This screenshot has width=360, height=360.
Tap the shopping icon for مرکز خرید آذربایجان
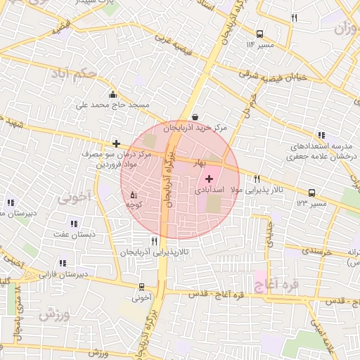[x=195, y=117]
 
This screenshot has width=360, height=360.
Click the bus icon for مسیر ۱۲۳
[x=311, y=193]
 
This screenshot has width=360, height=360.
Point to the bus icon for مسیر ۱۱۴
[x=260, y=33]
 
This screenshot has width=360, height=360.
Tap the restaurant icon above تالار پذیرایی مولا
[x=257, y=179]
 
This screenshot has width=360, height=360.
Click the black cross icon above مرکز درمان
[x=116, y=143]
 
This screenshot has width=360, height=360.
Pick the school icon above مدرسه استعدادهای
[x=321, y=135]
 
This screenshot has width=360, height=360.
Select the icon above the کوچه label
[x=134, y=194]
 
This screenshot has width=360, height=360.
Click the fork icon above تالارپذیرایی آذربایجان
[x=154, y=241]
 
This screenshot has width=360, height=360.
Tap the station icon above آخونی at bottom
[x=143, y=287]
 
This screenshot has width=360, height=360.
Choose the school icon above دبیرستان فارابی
[x=63, y=264]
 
